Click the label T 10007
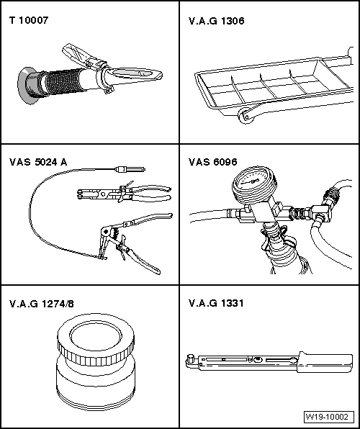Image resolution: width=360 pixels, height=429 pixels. click(x=29, y=20)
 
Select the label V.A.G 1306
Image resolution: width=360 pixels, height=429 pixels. click(x=216, y=21)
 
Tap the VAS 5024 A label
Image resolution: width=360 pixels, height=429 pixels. click(x=38, y=162)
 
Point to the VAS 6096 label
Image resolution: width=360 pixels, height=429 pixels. click(x=212, y=162)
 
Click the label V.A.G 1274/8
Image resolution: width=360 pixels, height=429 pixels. click(x=42, y=304)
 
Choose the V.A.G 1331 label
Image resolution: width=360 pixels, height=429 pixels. click(x=216, y=303)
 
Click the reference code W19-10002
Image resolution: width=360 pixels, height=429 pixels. click(x=327, y=417)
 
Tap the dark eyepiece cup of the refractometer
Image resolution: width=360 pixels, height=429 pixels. click(x=29, y=86)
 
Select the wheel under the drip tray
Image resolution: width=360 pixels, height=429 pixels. click(x=246, y=117)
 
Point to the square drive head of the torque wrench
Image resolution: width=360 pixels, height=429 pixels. click(x=190, y=359)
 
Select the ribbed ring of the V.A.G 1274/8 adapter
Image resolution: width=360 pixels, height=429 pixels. click(x=96, y=352)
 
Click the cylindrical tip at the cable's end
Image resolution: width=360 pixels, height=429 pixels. click(x=130, y=169)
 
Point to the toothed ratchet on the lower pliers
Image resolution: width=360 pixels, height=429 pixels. click(x=116, y=232)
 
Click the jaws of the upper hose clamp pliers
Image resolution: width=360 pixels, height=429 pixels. click(x=88, y=194)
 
